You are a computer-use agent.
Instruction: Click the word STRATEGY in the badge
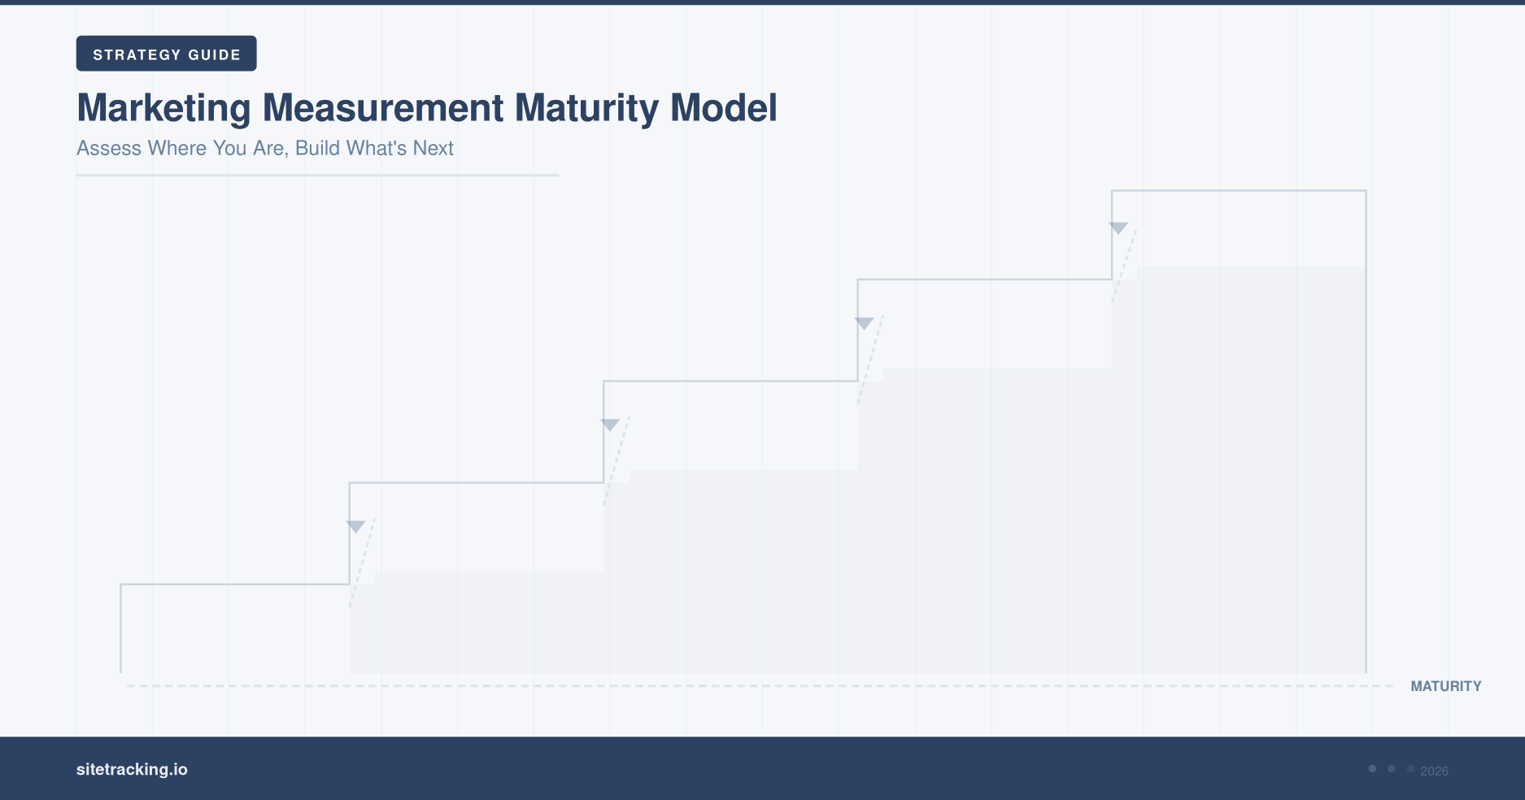click(137, 54)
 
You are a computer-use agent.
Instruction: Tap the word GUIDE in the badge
click(214, 54)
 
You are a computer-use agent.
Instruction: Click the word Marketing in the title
click(163, 108)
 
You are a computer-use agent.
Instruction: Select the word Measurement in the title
click(383, 108)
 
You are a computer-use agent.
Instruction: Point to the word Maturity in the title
click(586, 108)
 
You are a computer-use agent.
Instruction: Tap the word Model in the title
click(723, 108)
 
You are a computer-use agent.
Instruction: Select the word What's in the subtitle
click(377, 148)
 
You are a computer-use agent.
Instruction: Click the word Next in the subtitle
click(433, 148)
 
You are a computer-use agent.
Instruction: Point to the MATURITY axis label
click(1445, 686)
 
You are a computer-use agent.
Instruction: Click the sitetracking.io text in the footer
click(132, 769)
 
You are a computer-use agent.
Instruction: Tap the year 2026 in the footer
click(1434, 771)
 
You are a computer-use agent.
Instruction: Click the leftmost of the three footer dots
click(1372, 768)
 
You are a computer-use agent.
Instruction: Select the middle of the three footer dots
click(1392, 768)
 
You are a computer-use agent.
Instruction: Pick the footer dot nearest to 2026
click(1410, 768)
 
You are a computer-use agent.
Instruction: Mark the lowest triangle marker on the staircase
click(355, 526)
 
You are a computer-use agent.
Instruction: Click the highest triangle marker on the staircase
click(1118, 228)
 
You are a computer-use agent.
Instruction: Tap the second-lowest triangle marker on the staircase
click(610, 424)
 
